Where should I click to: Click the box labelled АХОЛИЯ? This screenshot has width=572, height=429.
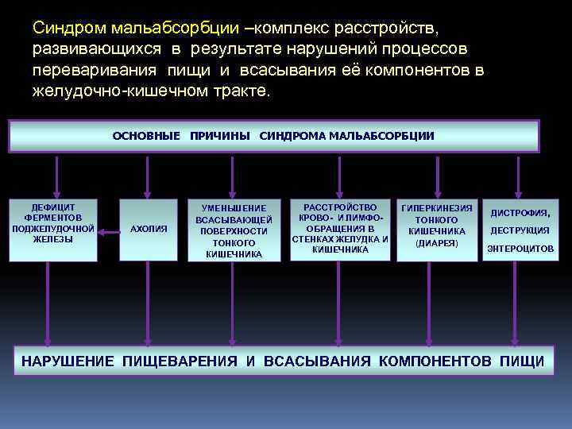click(149, 229)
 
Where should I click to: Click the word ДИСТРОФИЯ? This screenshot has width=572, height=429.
click(520, 213)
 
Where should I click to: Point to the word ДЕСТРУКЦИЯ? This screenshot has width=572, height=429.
click(520, 230)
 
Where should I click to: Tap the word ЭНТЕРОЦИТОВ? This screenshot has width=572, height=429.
click(520, 249)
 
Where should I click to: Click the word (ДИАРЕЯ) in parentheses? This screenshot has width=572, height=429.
click(437, 242)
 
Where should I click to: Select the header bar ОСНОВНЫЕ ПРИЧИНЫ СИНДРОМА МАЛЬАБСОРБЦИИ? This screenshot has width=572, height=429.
click(273, 136)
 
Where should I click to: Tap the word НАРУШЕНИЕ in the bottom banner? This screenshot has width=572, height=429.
click(68, 361)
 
